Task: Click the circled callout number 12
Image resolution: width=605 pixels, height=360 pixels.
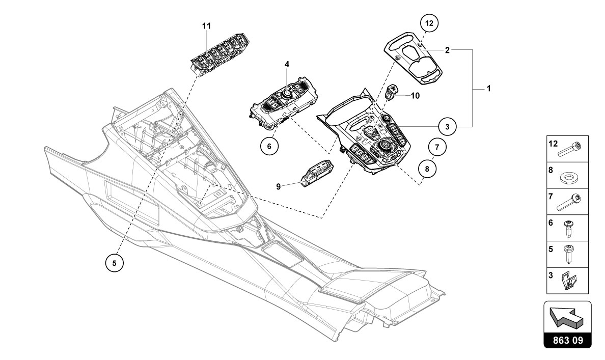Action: (x=429, y=23)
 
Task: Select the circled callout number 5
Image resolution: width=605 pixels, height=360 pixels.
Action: (x=115, y=263)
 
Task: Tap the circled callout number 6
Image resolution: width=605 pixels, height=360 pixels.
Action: (x=269, y=145)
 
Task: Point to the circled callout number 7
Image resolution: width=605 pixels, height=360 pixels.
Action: (x=437, y=148)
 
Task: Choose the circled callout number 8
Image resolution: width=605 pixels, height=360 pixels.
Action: (x=427, y=168)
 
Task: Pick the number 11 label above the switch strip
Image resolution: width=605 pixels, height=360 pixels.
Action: (x=207, y=25)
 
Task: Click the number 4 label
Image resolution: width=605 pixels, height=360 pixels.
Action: (x=287, y=64)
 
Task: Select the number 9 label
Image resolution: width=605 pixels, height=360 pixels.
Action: (x=279, y=186)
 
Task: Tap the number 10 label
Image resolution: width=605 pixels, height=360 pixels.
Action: (x=415, y=95)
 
